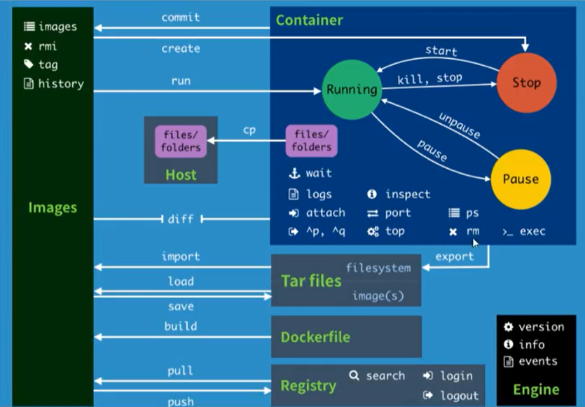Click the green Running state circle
click(x=351, y=89)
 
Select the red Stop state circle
click(x=525, y=83)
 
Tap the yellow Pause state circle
click(x=521, y=179)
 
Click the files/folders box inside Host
click(x=181, y=141)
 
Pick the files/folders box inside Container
click(x=311, y=141)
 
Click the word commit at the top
click(x=180, y=17)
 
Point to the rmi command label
click(x=47, y=46)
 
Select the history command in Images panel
click(x=60, y=83)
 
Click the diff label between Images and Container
click(x=180, y=219)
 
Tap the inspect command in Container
click(x=407, y=194)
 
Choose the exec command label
click(x=532, y=231)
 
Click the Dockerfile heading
click(x=315, y=337)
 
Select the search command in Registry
click(x=385, y=375)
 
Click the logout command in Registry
click(x=459, y=396)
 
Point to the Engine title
click(x=536, y=389)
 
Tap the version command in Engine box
click(x=541, y=326)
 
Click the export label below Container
click(x=455, y=256)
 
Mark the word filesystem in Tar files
click(x=378, y=268)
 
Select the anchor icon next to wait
click(x=294, y=173)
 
